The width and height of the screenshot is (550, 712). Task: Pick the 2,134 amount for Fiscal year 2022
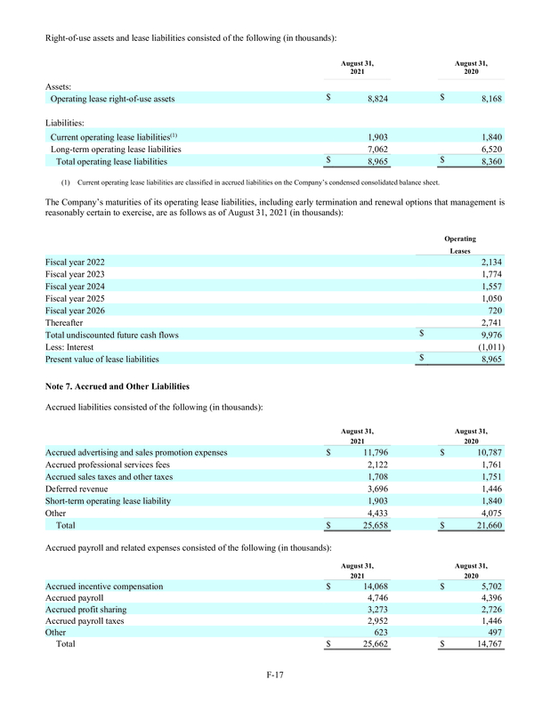click(492, 263)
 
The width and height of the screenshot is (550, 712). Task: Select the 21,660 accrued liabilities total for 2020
click(488, 526)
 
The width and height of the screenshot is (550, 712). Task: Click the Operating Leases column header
click(460, 246)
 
